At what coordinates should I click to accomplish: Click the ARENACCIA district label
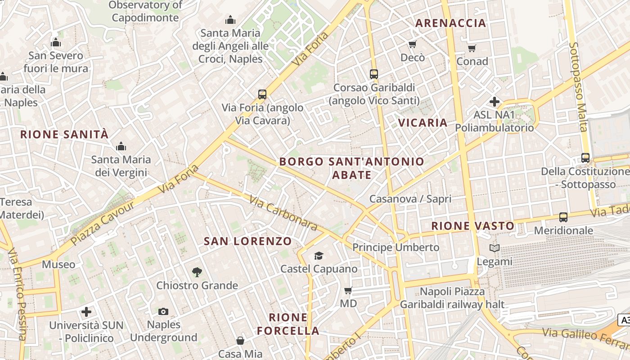(x=450, y=23)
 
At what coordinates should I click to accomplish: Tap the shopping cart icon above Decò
(x=412, y=44)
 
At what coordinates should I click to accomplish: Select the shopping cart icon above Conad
(x=472, y=48)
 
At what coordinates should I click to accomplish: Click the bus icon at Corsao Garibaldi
(x=373, y=74)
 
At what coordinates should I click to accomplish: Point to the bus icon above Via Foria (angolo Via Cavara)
(x=262, y=94)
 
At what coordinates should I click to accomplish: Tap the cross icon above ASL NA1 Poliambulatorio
(x=495, y=102)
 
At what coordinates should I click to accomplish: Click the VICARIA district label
(x=423, y=122)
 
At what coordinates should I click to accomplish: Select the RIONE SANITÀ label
(x=64, y=134)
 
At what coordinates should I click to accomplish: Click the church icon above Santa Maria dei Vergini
(x=121, y=146)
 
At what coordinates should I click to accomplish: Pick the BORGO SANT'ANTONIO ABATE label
(x=351, y=168)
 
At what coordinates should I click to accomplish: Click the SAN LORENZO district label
(x=248, y=241)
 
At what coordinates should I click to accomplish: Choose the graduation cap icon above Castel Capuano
(x=319, y=256)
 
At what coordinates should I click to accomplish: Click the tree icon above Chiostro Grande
(x=197, y=272)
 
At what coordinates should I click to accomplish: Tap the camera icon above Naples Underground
(x=163, y=311)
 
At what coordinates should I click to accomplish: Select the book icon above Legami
(x=494, y=248)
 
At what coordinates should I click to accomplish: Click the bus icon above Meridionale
(x=563, y=217)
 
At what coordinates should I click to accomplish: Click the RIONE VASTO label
(x=472, y=226)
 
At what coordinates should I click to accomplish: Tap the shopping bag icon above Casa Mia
(x=240, y=341)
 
